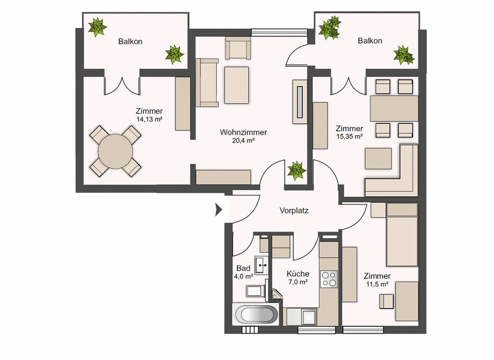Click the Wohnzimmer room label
[x=243, y=132]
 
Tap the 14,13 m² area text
[x=149, y=119]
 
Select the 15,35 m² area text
[x=350, y=137]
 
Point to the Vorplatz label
[x=294, y=211]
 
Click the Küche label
[x=298, y=274]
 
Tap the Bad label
[x=243, y=268]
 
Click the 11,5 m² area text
[x=377, y=284]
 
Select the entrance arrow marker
[x=219, y=209]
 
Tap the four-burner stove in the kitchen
[x=329, y=279]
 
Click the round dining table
[x=115, y=151]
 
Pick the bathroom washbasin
[x=262, y=265]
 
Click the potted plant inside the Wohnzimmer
[x=296, y=171]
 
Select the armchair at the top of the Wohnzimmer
[x=238, y=48]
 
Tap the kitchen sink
[x=302, y=317]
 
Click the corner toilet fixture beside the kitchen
[x=277, y=294]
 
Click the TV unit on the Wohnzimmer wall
[x=300, y=102]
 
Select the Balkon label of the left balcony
[x=130, y=41]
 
